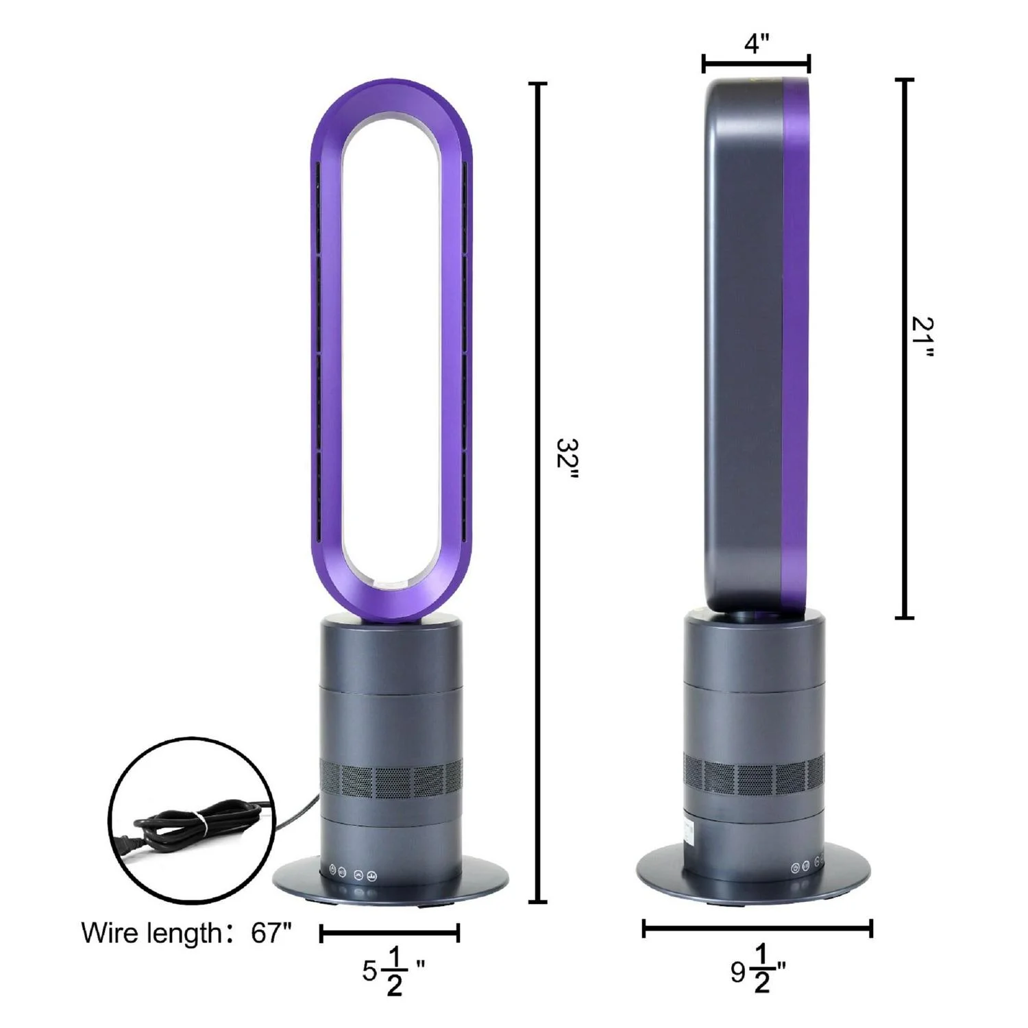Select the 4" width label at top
click(x=757, y=43)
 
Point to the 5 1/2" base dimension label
click(x=393, y=970)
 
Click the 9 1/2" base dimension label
click(x=758, y=969)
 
